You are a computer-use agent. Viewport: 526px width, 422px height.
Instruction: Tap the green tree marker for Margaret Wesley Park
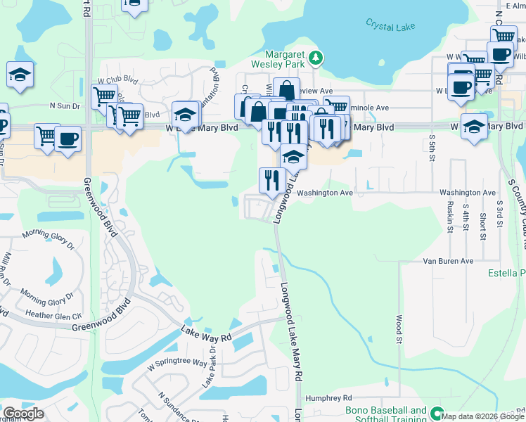coord(317,57)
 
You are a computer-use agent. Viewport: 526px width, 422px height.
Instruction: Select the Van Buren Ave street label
coord(448,261)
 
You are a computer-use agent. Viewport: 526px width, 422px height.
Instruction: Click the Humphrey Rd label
coord(323,397)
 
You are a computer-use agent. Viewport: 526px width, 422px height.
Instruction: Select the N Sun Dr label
coord(65,105)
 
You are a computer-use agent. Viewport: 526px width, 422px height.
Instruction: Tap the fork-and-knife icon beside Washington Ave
coord(271,181)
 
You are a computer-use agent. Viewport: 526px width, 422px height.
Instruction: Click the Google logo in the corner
coord(23,414)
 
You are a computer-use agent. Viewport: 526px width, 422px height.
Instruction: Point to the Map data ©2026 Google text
coord(482,416)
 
